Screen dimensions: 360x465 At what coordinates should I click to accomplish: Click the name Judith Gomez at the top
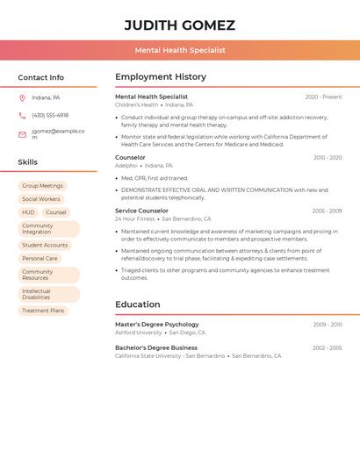point(180,25)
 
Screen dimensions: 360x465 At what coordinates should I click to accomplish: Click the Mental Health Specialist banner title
point(180,50)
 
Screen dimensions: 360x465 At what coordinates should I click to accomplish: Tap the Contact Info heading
point(40,77)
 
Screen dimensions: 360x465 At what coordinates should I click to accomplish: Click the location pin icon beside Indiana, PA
point(22,97)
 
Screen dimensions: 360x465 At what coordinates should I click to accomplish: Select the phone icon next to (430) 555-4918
point(22,115)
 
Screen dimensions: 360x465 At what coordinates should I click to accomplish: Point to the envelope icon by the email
point(22,134)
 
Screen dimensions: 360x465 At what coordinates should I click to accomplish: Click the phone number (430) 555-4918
point(50,115)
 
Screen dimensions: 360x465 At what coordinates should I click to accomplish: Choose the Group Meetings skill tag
point(42,186)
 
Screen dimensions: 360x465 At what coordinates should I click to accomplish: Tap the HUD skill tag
point(28,212)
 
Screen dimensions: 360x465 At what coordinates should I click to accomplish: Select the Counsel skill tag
point(55,212)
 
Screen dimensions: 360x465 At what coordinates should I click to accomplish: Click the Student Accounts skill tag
point(45,246)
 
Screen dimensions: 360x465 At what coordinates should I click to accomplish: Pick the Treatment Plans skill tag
point(43,311)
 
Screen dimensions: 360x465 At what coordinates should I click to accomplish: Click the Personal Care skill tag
point(40,259)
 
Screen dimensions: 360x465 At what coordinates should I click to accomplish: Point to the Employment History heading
point(161,77)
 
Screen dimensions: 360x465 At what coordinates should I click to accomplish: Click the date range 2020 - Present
point(323,97)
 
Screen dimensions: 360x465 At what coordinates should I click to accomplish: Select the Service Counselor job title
point(141,211)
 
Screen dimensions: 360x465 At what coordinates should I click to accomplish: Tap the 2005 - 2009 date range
point(327,211)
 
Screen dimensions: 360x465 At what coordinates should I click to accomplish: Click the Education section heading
point(137,304)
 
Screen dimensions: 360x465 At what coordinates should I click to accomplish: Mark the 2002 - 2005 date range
point(327,347)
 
